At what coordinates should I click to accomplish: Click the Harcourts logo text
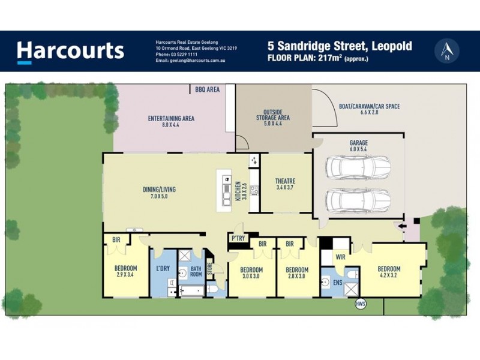pos(71,50)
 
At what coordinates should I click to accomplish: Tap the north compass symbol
pos(446,50)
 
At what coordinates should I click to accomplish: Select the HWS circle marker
pos(361,304)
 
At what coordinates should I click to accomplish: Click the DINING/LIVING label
pos(159,193)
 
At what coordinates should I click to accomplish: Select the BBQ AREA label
pos(207,89)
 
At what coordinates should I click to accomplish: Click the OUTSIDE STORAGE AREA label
pos(273,115)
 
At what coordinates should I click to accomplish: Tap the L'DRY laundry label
pos(163,268)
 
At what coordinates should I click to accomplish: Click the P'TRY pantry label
pos(238,239)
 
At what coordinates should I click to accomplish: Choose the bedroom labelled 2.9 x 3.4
pos(126,271)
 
